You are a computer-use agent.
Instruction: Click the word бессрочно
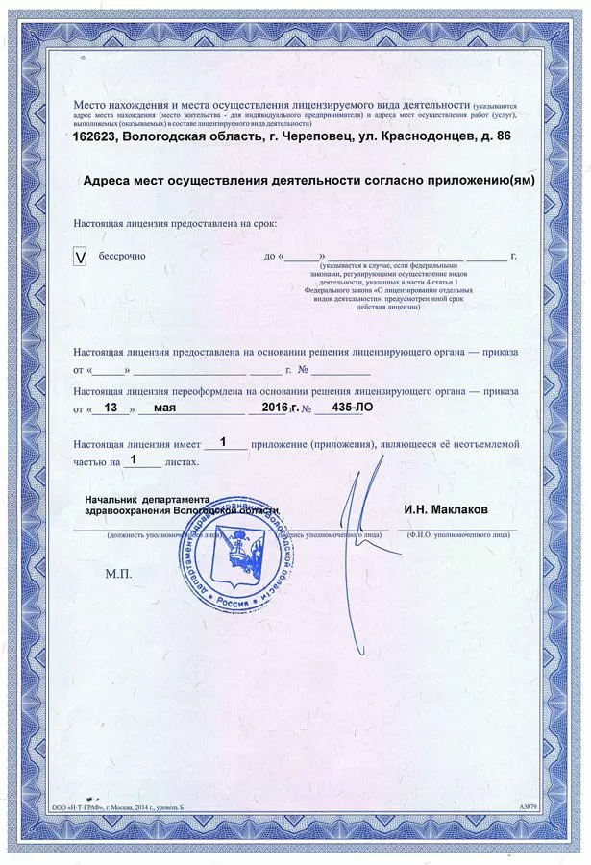pyautogui.click(x=121, y=257)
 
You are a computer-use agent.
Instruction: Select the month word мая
pyautogui.click(x=152, y=408)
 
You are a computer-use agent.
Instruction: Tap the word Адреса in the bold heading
pyautogui.click(x=110, y=180)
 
